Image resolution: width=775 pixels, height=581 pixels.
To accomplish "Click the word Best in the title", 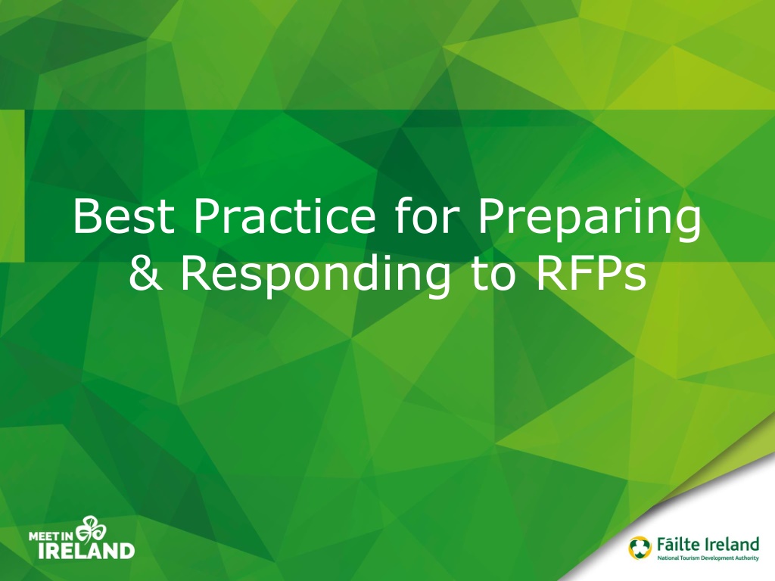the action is pyautogui.click(x=123, y=216).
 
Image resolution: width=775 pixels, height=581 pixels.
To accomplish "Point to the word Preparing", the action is pyautogui.click(x=588, y=220).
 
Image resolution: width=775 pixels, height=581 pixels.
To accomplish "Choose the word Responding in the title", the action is pyautogui.click(x=315, y=277).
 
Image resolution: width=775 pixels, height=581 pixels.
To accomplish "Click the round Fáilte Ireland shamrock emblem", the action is pyautogui.click(x=640, y=548).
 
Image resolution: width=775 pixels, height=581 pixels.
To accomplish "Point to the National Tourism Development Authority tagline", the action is pyautogui.click(x=708, y=558).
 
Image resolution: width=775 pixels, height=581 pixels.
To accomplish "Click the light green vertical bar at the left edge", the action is pyautogui.click(x=12, y=186).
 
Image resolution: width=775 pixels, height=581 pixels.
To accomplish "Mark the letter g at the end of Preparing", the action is pyautogui.click(x=688, y=225).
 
